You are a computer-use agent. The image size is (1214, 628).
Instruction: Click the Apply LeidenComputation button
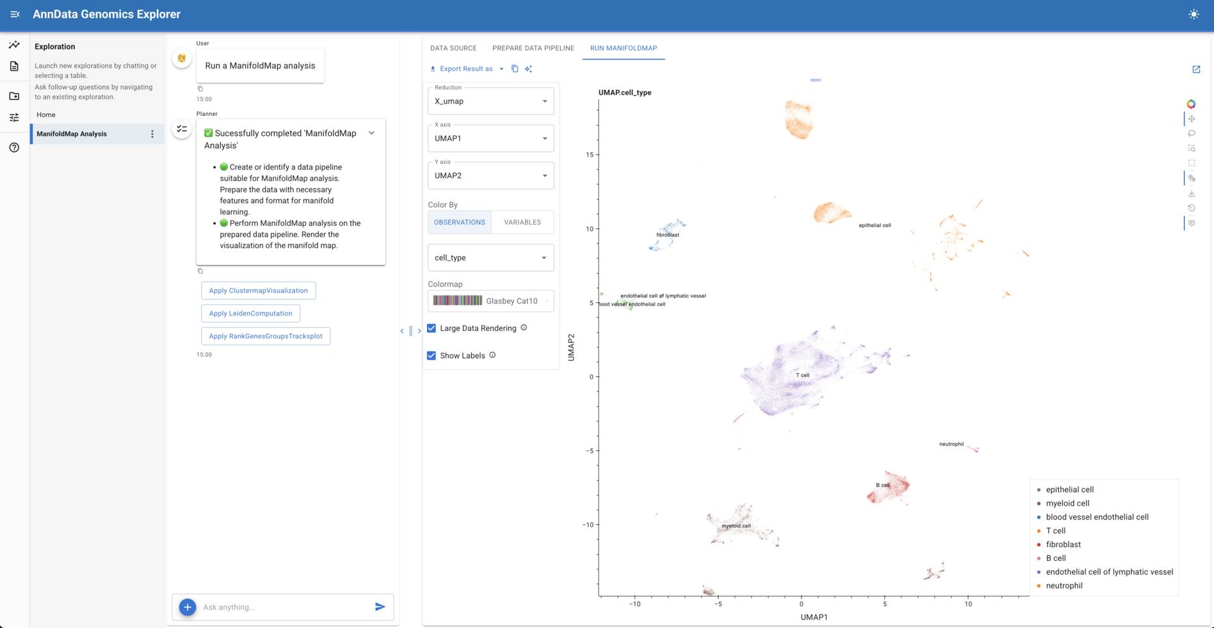251,313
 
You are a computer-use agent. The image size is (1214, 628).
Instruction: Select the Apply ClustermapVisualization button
258,290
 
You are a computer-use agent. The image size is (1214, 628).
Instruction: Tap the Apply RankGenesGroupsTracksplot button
266,336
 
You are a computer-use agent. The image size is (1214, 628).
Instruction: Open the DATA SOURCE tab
453,48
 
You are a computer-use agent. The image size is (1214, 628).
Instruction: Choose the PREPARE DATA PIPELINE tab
533,48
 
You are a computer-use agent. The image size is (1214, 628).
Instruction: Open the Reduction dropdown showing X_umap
490,101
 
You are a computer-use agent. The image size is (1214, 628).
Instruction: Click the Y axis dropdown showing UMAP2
490,176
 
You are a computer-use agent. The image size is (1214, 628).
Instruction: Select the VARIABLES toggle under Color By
522,222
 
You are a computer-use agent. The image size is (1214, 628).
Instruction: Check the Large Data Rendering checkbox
431,328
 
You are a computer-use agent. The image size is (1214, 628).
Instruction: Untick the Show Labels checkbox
431,355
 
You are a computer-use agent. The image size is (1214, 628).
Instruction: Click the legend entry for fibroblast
1063,545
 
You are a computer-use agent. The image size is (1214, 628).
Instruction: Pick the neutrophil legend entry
1063,586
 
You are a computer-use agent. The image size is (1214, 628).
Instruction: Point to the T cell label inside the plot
802,375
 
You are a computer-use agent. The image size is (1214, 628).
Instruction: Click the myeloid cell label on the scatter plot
736,526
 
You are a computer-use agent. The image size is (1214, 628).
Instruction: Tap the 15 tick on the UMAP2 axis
590,155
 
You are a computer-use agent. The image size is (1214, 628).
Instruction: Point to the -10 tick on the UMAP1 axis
635,604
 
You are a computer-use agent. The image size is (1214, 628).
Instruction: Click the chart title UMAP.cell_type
624,92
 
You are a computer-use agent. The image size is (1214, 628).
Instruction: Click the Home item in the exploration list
46,114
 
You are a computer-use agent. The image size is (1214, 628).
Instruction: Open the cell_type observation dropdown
490,257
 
